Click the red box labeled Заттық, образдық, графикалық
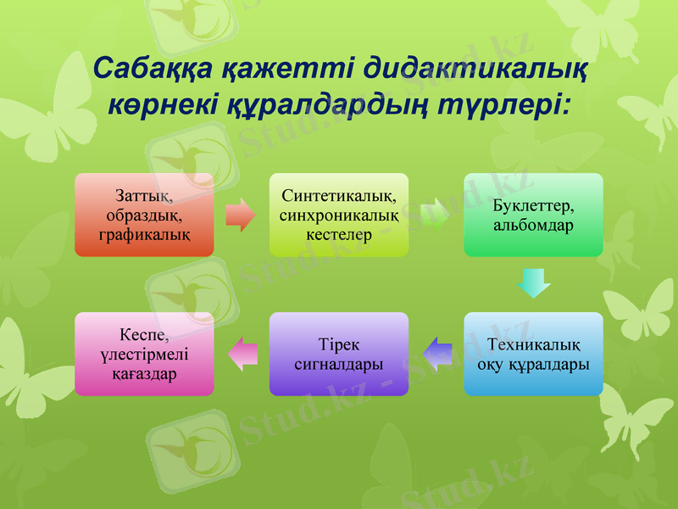(144, 215)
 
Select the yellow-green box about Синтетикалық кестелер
(339, 215)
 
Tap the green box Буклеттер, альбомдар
(533, 215)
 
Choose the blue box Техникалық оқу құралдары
(533, 354)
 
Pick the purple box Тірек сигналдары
(339, 354)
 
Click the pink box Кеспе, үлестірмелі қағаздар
(144, 354)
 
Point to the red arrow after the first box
(241, 215)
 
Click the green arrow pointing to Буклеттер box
(436, 215)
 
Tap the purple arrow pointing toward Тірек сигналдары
(436, 354)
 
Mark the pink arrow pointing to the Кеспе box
(242, 354)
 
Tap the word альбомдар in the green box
(533, 226)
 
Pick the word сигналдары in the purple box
(339, 364)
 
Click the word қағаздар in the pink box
(144, 373)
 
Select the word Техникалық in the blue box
(533, 344)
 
